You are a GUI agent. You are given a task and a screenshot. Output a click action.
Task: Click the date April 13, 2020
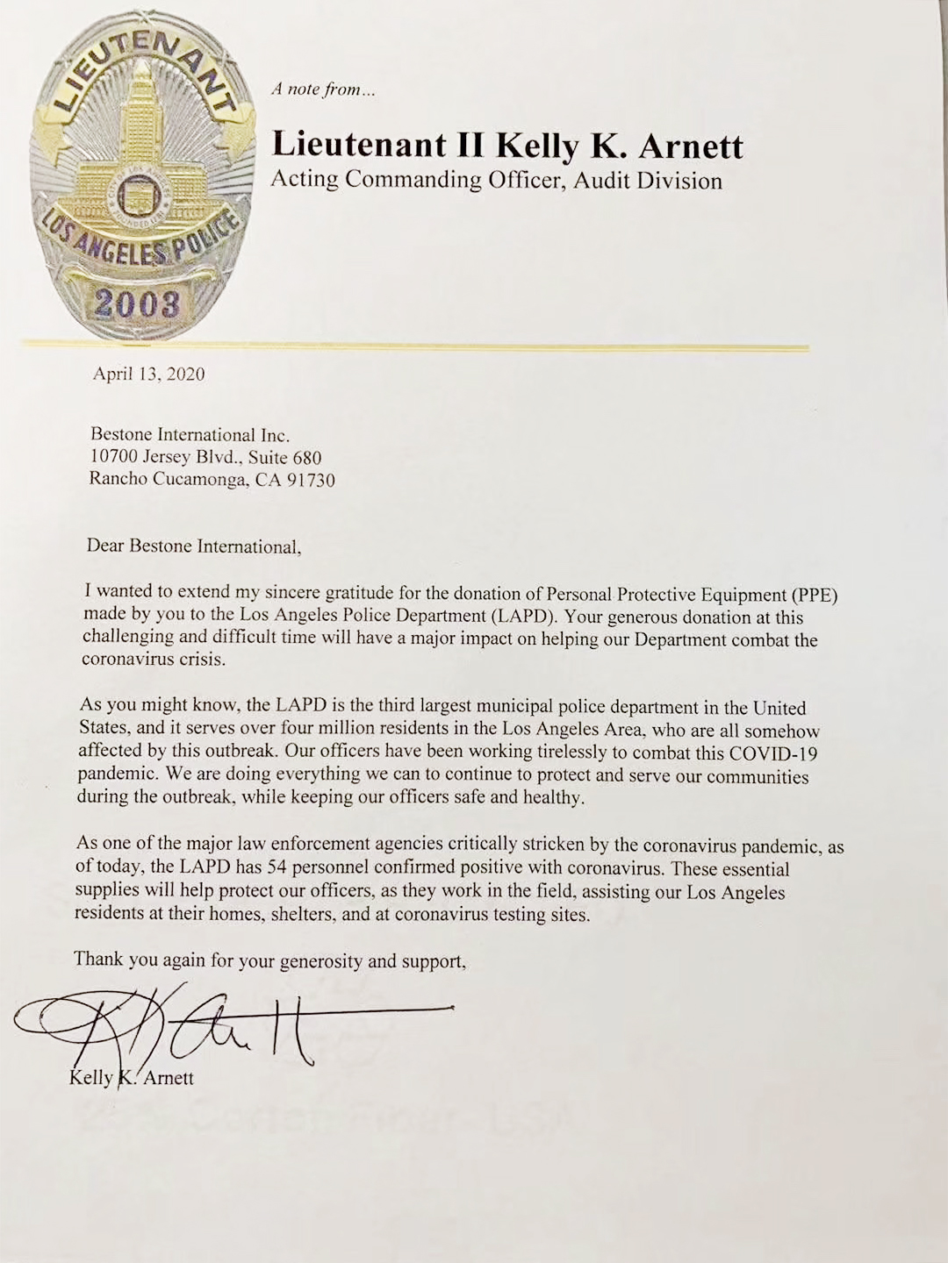(148, 375)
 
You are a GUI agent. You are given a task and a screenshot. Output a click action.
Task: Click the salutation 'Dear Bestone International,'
(193, 546)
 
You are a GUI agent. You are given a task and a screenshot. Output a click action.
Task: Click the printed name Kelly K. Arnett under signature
(132, 1078)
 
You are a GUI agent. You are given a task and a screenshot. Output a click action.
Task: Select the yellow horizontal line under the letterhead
(413, 346)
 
